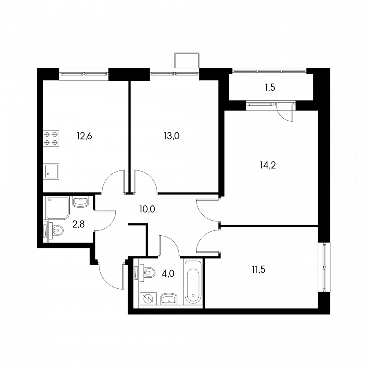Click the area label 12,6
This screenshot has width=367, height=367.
(84, 136)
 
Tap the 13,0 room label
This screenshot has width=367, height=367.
(172, 136)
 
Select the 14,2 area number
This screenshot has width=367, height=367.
(268, 165)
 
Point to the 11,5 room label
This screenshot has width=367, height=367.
(259, 270)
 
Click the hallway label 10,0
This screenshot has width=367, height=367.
(147, 209)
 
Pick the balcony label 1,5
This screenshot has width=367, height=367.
(270, 87)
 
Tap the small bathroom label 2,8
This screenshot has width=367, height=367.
(78, 224)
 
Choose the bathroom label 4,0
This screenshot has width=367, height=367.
(168, 273)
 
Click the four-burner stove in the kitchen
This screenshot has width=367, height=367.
(51, 138)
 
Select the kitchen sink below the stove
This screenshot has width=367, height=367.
(51, 172)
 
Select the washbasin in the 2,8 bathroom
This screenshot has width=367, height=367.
(80, 201)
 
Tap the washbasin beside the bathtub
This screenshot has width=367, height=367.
(169, 298)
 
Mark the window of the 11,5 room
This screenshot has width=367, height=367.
(324, 267)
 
